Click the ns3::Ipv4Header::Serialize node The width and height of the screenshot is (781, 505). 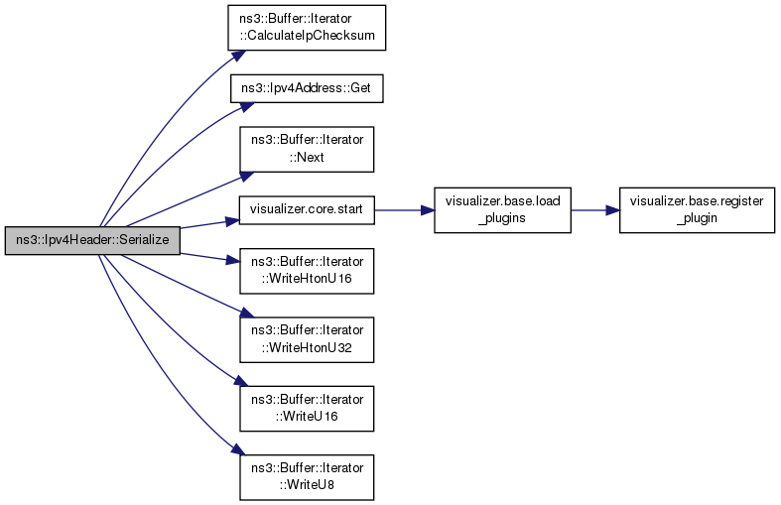(x=92, y=239)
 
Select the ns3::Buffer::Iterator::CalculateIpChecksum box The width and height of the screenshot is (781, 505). (x=307, y=29)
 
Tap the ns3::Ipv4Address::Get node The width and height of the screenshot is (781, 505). (x=307, y=87)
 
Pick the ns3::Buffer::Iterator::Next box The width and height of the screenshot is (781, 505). (x=307, y=148)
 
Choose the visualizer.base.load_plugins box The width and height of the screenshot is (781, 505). (x=503, y=209)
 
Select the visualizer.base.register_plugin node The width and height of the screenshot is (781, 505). (x=697, y=209)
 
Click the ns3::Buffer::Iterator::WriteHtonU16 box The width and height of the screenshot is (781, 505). (x=307, y=271)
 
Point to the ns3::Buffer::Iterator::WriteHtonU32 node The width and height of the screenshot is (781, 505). (x=307, y=338)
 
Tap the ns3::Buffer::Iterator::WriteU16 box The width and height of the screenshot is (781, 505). (x=307, y=406)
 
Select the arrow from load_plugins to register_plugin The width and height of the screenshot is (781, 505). (x=594, y=209)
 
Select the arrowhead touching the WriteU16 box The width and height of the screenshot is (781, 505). (x=234, y=384)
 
